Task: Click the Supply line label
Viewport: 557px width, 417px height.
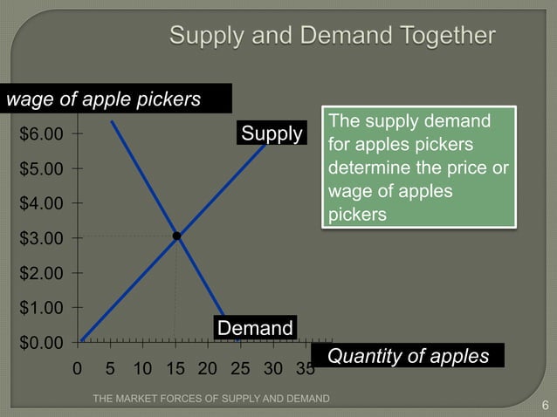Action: pyautogui.click(x=272, y=133)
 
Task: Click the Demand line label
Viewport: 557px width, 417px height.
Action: pyautogui.click(x=255, y=328)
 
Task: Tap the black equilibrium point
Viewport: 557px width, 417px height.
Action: pyautogui.click(x=176, y=236)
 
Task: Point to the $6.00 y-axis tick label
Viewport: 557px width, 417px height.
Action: pyautogui.click(x=41, y=134)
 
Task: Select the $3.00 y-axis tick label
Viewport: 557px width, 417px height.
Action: pyautogui.click(x=41, y=238)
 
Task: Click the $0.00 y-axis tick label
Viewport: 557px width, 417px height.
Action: pyautogui.click(x=41, y=342)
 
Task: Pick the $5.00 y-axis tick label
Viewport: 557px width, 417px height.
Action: pyautogui.click(x=41, y=168)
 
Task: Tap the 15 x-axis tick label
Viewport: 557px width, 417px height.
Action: pyautogui.click(x=175, y=369)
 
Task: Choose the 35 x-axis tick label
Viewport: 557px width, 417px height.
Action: pyautogui.click(x=305, y=369)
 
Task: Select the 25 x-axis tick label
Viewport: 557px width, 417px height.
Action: pyautogui.click(x=240, y=369)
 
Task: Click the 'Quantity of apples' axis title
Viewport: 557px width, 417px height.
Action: pyautogui.click(x=408, y=356)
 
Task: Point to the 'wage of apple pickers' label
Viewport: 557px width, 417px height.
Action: pyautogui.click(x=105, y=99)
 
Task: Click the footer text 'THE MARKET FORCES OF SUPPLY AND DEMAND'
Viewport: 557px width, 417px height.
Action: pyautogui.click(x=210, y=399)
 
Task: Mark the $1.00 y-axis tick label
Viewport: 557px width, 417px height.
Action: pyautogui.click(x=41, y=307)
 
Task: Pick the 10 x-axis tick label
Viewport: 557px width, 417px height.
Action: pyautogui.click(x=141, y=369)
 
